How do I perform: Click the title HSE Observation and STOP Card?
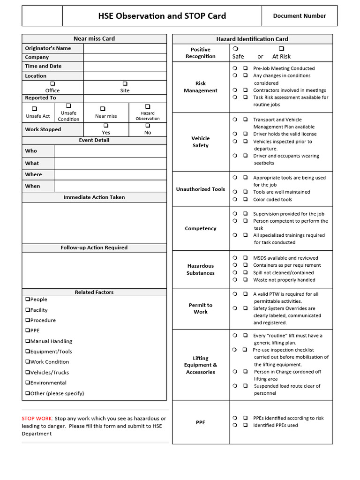pyautogui.click(x=162, y=16)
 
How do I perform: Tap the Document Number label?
pyautogui.click(x=299, y=16)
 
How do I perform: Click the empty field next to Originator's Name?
pyautogui.click(x=125, y=48)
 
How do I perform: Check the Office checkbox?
pyautogui.click(x=52, y=84)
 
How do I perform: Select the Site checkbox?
pyautogui.click(x=125, y=84)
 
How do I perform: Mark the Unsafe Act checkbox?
pyautogui.click(x=34, y=109)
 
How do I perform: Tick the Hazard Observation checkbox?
pyautogui.click(x=147, y=107)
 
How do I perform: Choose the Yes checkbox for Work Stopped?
pyautogui.click(x=106, y=126)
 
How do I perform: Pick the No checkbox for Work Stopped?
pyautogui.click(x=147, y=126)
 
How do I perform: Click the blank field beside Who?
pyautogui.click(x=110, y=151)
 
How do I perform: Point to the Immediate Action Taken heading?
pyautogui.click(x=94, y=197)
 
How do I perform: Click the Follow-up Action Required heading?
pyautogui.click(x=94, y=247)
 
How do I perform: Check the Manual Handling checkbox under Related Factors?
pyautogui.click(x=28, y=341)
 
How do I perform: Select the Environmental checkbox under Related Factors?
pyautogui.click(x=28, y=383)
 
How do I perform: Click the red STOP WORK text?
pyautogui.click(x=37, y=419)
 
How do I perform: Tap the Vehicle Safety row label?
pyautogui.click(x=201, y=142)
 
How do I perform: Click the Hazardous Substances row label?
pyautogui.click(x=201, y=270)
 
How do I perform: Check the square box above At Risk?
pyautogui.click(x=281, y=49)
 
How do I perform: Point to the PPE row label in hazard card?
pyautogui.click(x=201, y=422)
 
